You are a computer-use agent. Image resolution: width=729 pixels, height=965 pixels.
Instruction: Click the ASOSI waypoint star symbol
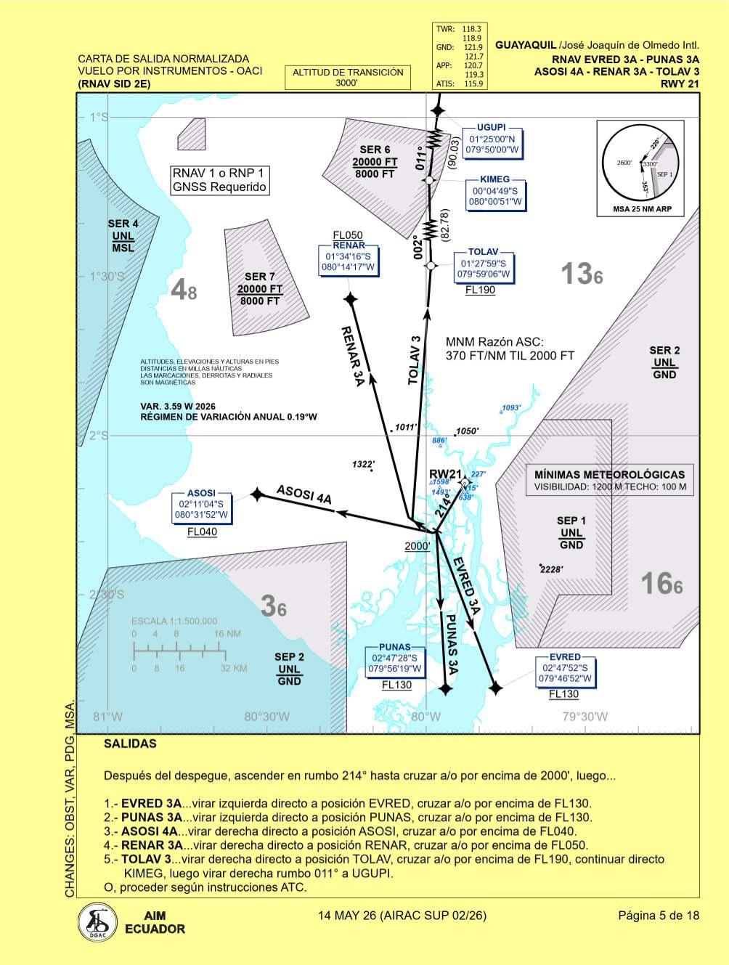(x=257, y=494)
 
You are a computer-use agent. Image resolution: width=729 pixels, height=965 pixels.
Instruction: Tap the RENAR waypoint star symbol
(x=351, y=299)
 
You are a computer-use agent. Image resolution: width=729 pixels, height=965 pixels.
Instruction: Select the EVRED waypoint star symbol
(x=496, y=687)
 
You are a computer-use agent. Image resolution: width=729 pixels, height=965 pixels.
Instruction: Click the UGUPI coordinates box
(x=492, y=144)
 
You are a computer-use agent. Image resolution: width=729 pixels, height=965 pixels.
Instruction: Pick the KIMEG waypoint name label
(x=494, y=179)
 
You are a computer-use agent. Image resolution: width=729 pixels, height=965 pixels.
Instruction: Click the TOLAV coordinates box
(x=484, y=269)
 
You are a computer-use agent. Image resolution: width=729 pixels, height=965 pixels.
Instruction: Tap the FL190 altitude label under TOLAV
(x=480, y=290)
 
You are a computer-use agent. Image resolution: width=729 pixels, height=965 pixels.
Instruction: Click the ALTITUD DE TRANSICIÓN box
(x=347, y=77)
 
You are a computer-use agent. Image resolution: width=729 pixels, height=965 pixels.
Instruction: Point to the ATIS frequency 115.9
(x=473, y=84)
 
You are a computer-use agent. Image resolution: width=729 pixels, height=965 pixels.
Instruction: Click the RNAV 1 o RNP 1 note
(x=219, y=180)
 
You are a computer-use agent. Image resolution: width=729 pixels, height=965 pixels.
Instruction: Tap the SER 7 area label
(x=260, y=277)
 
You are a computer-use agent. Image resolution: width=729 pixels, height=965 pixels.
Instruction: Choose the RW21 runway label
(x=445, y=475)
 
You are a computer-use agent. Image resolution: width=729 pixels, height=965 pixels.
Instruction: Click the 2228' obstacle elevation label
(x=552, y=569)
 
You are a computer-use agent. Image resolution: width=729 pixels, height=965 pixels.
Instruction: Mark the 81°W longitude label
(x=107, y=717)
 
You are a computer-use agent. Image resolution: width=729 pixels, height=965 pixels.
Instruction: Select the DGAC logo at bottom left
(x=97, y=922)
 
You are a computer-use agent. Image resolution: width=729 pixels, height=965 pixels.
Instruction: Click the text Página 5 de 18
(x=659, y=916)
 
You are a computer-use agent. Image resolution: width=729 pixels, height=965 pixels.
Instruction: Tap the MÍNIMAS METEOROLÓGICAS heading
(x=610, y=474)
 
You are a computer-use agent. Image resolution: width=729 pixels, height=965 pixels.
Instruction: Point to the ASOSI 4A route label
(x=304, y=495)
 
